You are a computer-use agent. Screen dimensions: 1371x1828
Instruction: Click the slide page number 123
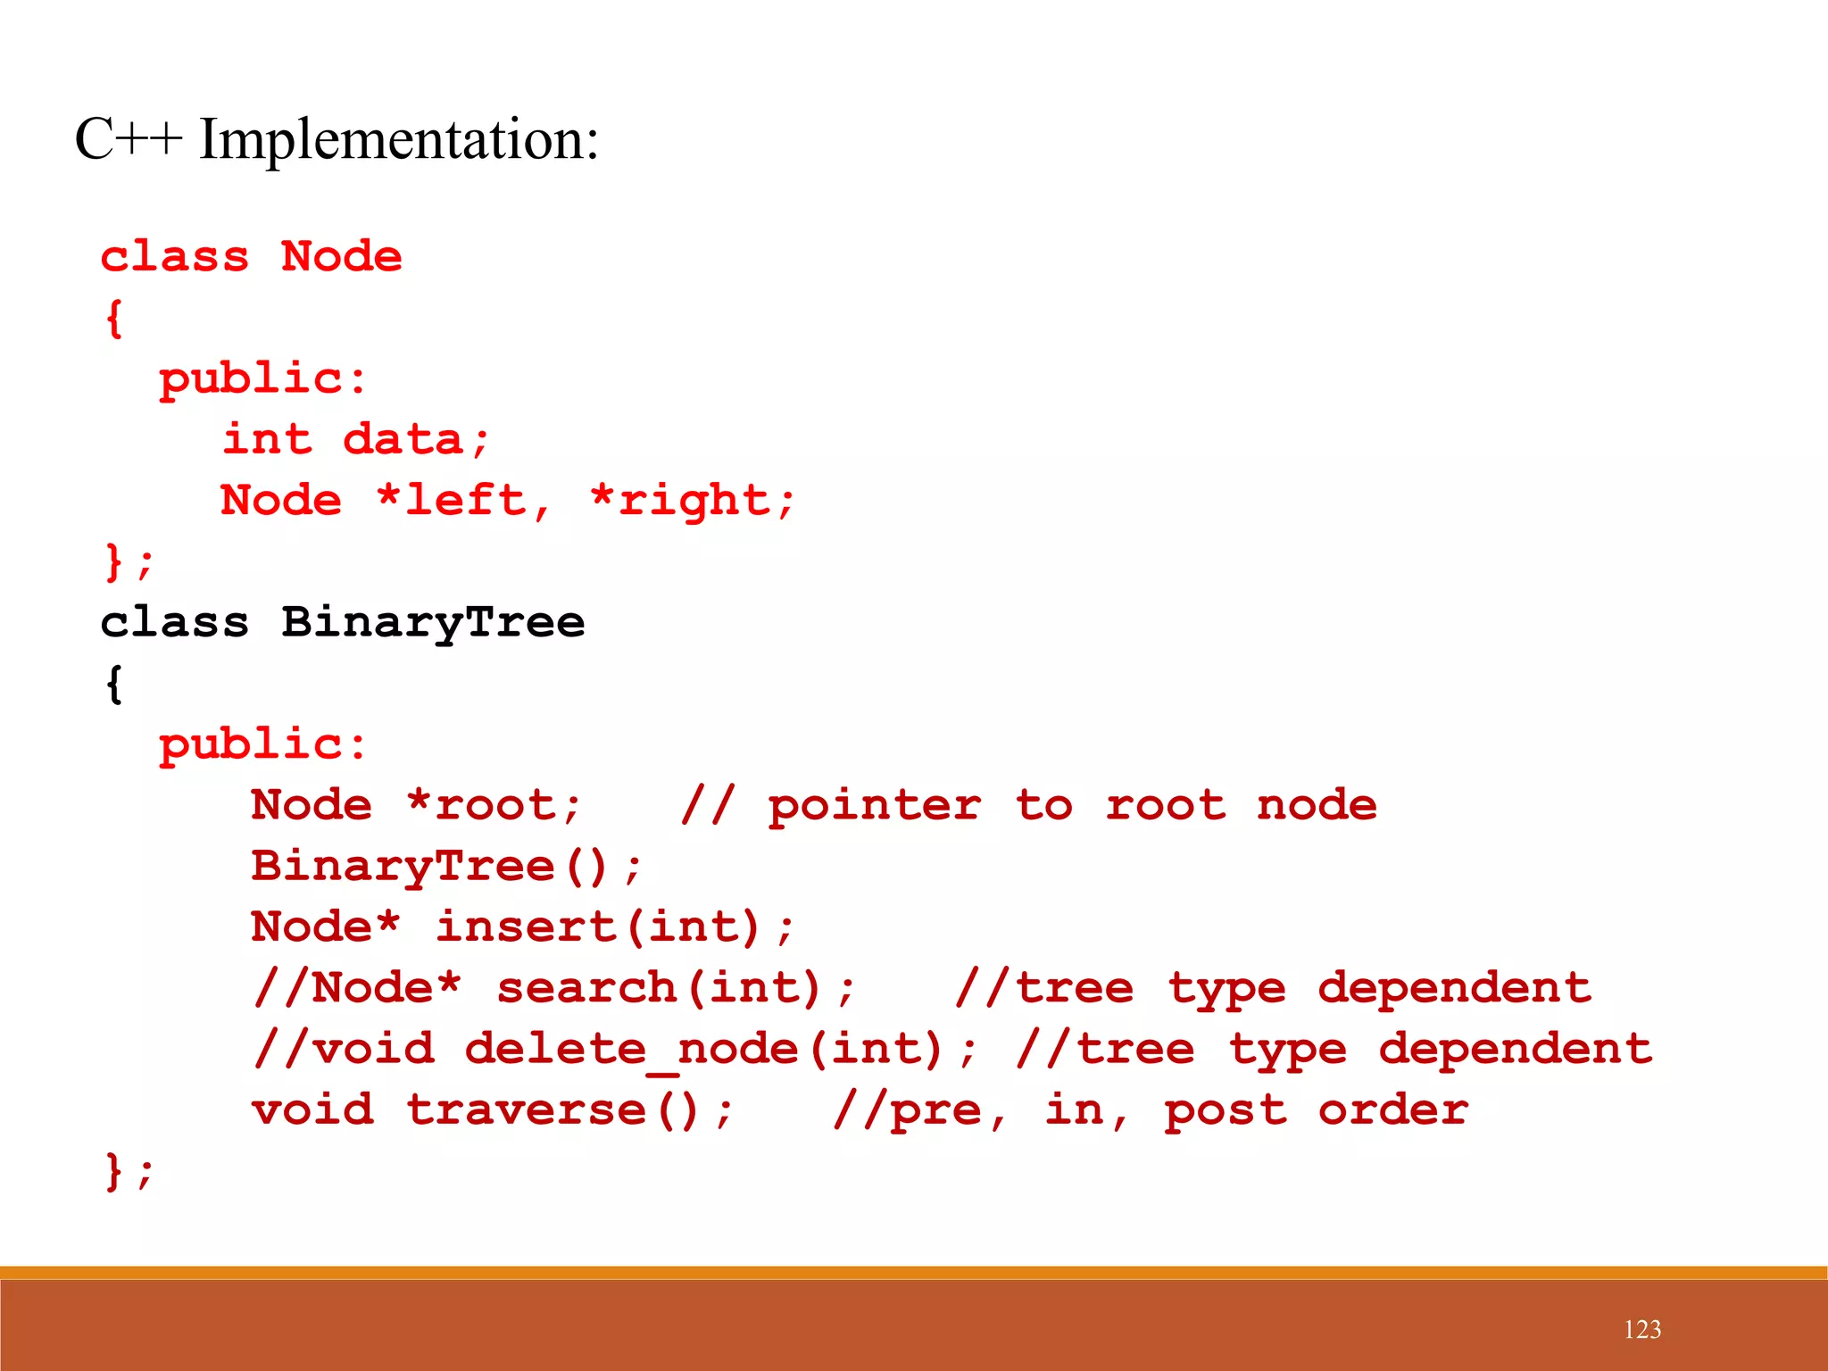pos(1641,1329)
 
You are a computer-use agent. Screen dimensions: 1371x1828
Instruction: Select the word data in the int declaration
pos(403,440)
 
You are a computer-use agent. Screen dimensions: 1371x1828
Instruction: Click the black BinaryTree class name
pos(433,622)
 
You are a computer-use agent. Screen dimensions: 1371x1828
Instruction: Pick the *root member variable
pos(494,806)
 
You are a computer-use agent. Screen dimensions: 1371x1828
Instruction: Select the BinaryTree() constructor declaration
pos(445,867)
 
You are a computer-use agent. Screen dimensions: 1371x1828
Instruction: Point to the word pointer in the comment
pos(874,806)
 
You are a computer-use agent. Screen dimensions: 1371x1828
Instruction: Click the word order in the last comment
pos(1392,1110)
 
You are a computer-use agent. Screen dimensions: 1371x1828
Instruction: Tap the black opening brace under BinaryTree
pos(113,685)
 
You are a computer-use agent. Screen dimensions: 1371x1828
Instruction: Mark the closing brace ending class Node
pos(114,562)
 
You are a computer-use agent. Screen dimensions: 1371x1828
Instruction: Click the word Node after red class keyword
pos(342,257)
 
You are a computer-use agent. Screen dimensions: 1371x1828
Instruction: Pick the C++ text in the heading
pos(129,140)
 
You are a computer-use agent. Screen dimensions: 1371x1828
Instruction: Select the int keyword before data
pos(268,440)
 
